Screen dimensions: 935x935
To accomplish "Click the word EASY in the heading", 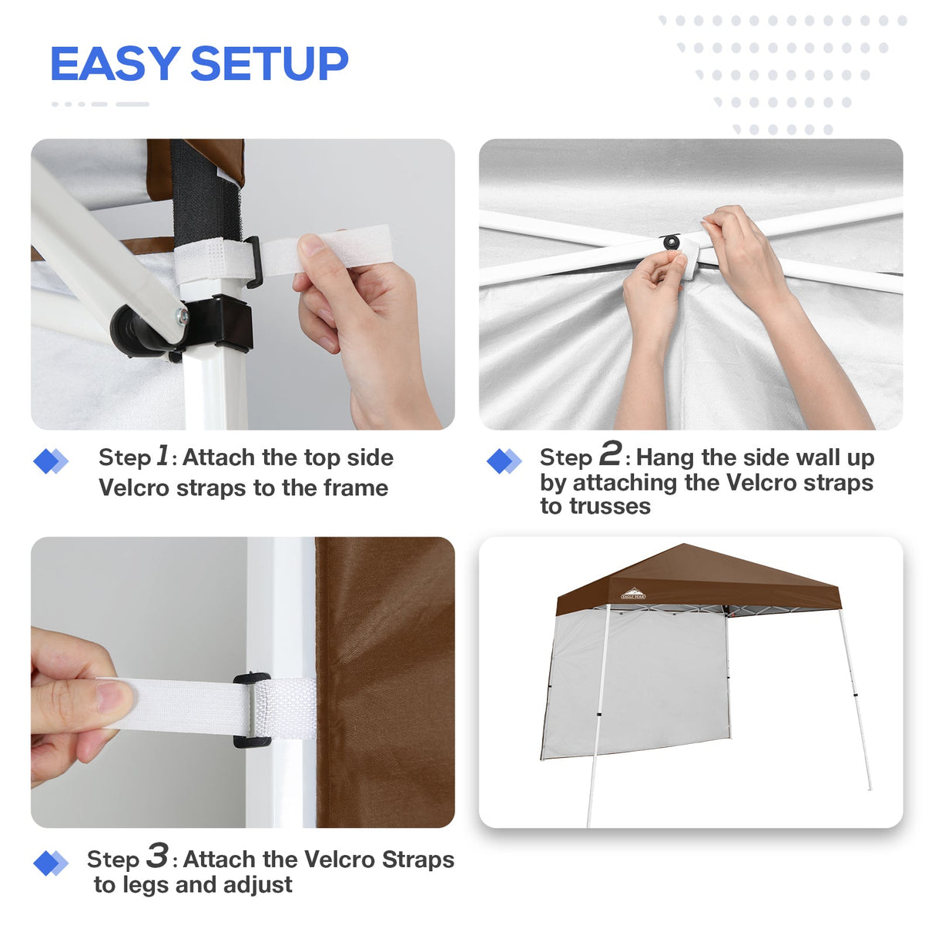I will click(x=115, y=64).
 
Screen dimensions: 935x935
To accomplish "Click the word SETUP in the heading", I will click(x=269, y=64).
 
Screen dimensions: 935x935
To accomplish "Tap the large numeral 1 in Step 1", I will click(x=163, y=455).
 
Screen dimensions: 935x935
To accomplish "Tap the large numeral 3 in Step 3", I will click(x=157, y=855).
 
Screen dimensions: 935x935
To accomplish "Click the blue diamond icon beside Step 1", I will click(x=51, y=461).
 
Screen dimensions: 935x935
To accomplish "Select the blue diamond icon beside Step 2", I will click(x=504, y=461).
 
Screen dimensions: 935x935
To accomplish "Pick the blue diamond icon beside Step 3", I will click(x=51, y=863).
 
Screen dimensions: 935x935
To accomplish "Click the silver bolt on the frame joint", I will click(x=181, y=316).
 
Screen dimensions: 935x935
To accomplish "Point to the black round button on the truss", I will click(x=672, y=243).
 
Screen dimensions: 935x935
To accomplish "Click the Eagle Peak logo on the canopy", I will click(x=633, y=594).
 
